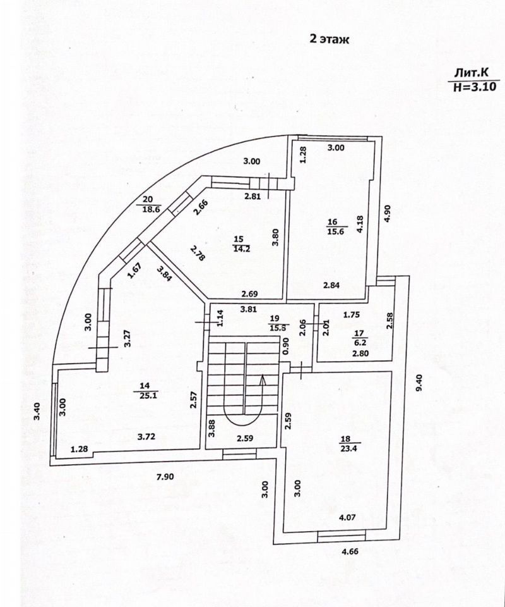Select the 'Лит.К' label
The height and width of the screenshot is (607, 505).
coord(472,73)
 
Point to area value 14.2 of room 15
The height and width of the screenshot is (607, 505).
coord(238,248)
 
